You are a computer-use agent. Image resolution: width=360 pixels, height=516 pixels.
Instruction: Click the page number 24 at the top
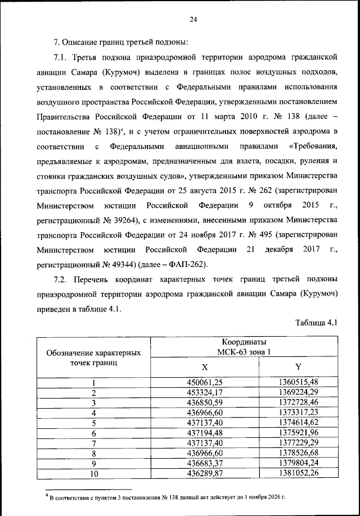point(192,20)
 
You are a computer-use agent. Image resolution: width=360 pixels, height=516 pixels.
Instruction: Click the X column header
point(205,366)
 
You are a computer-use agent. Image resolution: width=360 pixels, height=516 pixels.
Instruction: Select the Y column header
point(298,366)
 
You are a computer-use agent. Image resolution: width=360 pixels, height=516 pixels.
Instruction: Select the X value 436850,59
point(205,402)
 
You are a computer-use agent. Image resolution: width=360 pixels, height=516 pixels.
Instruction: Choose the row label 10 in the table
point(94,474)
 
